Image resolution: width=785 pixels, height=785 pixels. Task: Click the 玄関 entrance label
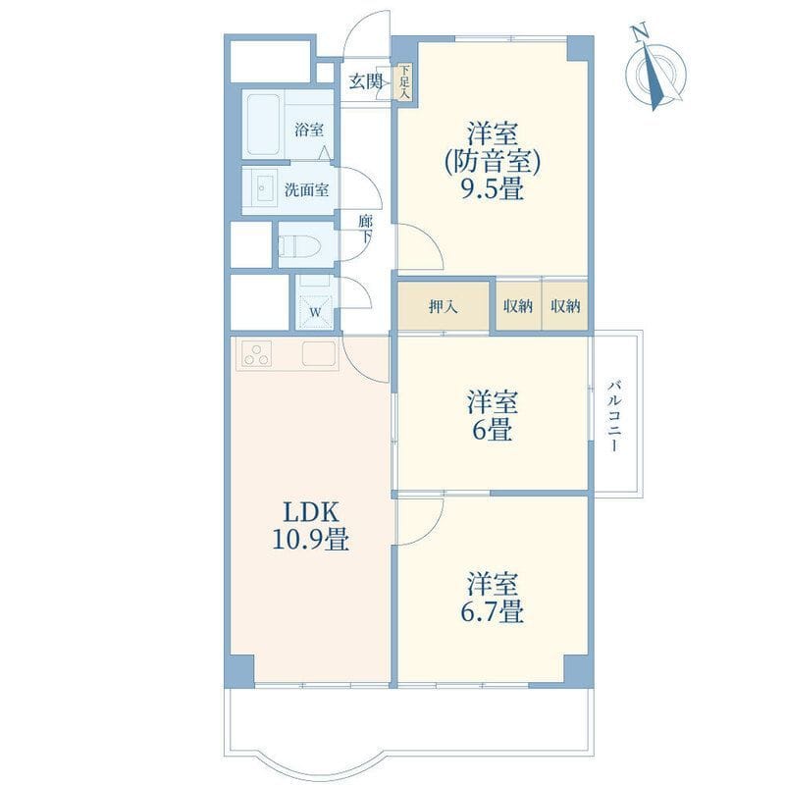click(366, 81)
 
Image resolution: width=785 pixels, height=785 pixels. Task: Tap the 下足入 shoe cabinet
click(404, 82)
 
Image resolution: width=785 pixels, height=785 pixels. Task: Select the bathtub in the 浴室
click(263, 125)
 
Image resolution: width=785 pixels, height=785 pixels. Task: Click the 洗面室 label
click(307, 190)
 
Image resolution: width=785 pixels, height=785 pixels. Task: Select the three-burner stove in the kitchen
click(257, 353)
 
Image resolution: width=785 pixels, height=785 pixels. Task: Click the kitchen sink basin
click(318, 353)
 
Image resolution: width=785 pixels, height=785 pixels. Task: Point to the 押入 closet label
click(444, 306)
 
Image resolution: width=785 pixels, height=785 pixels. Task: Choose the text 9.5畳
click(493, 189)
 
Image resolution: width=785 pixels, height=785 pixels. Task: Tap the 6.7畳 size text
click(493, 611)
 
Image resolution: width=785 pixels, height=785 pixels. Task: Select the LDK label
click(311, 512)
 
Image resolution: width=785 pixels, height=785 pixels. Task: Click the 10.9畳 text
click(310, 540)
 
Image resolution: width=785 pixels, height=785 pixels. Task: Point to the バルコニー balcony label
click(615, 416)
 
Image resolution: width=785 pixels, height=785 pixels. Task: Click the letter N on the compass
click(640, 33)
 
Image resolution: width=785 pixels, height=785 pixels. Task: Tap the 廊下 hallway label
click(365, 230)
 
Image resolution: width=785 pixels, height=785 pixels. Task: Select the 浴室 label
click(309, 131)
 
